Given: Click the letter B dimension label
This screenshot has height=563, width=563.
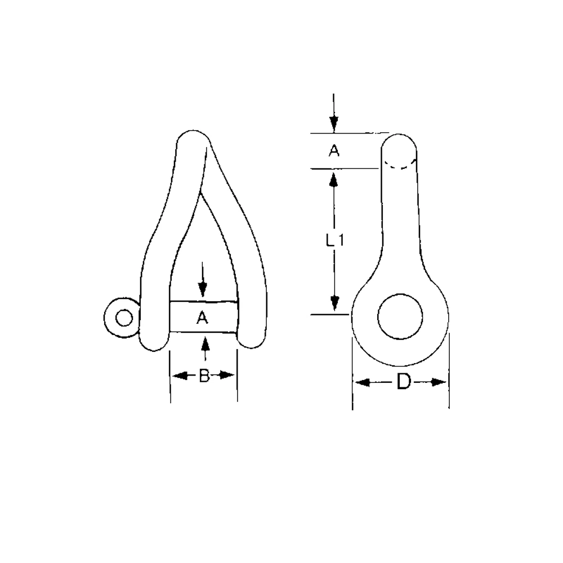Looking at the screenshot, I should pyautogui.click(x=204, y=376).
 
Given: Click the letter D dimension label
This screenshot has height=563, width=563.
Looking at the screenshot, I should pyautogui.click(x=403, y=382).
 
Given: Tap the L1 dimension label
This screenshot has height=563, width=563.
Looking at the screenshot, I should pyautogui.click(x=335, y=240).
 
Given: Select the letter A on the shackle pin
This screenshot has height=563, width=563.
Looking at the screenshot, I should pyautogui.click(x=203, y=318).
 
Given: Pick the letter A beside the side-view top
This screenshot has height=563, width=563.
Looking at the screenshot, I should pyautogui.click(x=334, y=151).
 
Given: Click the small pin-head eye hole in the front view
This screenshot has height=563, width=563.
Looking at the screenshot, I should pyautogui.click(x=123, y=318).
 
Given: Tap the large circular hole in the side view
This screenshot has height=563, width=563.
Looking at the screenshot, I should pyautogui.click(x=400, y=316).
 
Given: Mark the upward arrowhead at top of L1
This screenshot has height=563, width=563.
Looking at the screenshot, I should pyautogui.click(x=334, y=180).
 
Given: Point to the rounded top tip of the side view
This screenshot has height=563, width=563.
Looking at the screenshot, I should pyautogui.click(x=400, y=137).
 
